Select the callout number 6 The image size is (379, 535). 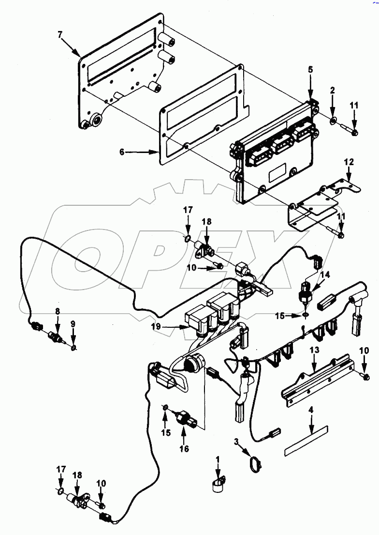[122, 152]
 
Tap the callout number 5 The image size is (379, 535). [310, 70]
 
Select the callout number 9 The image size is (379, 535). [73, 322]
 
